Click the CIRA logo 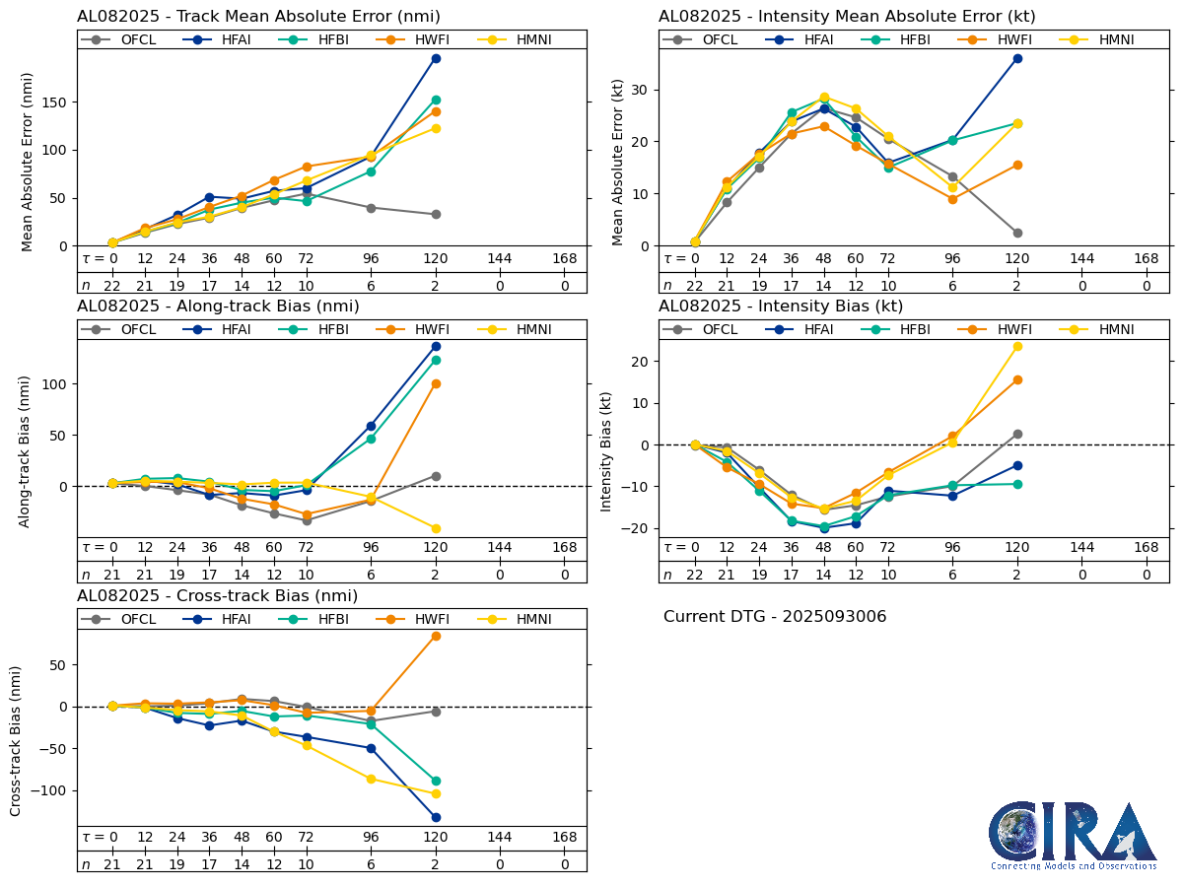coord(1073,835)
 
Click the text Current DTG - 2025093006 coord(775,617)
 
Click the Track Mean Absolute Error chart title coord(258,16)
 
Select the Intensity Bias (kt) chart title coord(781,307)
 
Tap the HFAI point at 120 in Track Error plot coord(436,58)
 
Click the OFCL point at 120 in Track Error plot coord(436,214)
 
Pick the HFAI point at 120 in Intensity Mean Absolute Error coord(1017,58)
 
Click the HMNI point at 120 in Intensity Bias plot coord(1017,346)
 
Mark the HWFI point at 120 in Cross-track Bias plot coord(436,636)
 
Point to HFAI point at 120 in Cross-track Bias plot coord(436,817)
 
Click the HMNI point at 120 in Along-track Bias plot coord(436,528)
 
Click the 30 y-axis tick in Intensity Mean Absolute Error coord(643,90)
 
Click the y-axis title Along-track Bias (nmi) coord(26,450)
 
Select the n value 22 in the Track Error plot coord(112,286)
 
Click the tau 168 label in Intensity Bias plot coord(1146,548)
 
